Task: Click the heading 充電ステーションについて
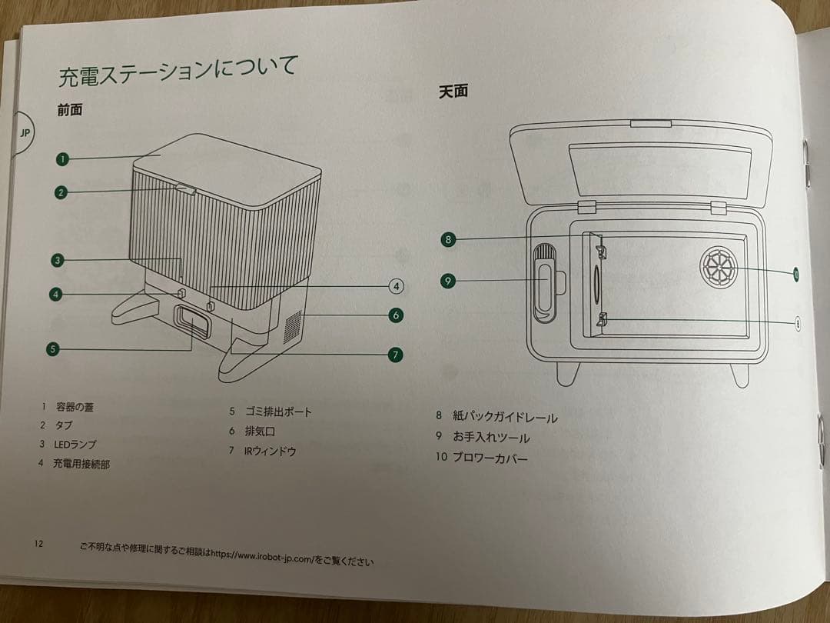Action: point(178,72)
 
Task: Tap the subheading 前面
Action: point(69,110)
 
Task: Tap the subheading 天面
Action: point(453,91)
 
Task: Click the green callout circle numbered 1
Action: point(62,159)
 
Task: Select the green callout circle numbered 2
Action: point(61,192)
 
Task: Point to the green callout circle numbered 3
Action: point(57,260)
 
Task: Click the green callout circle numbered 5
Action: point(51,348)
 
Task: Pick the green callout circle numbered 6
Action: point(395,315)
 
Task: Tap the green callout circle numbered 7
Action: point(394,355)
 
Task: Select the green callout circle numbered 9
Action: point(448,281)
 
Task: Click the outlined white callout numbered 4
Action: point(395,286)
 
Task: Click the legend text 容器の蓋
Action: point(75,406)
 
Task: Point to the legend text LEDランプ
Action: point(74,444)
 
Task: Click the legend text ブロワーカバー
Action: point(490,458)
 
